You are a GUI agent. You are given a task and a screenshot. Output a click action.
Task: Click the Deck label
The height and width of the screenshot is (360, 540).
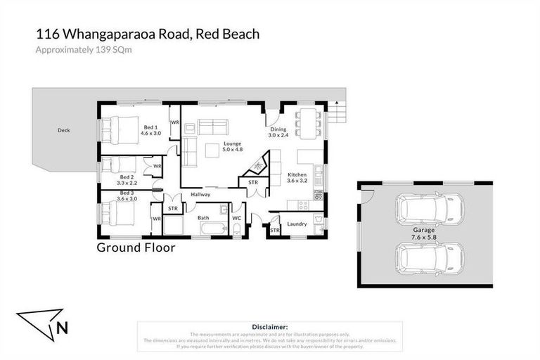pos(65,130)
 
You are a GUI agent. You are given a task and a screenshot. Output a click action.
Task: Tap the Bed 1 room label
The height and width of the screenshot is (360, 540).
pos(150,129)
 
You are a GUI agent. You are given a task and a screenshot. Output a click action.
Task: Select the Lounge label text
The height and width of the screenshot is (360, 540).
pos(233,146)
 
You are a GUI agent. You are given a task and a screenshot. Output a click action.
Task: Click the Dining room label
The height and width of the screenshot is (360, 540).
pos(278,131)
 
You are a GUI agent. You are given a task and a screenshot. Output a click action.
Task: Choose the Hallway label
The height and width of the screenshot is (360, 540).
pos(200,194)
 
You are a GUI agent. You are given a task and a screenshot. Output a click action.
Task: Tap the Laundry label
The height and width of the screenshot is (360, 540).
pos(297,224)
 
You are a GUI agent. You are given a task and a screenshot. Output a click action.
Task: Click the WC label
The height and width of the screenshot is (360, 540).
pos(236,218)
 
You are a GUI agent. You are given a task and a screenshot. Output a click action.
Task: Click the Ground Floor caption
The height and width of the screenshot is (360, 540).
pos(136,247)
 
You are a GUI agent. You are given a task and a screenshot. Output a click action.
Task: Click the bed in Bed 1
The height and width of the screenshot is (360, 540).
pos(117,129)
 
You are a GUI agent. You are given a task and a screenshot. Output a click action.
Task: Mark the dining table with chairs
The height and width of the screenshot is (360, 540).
pos(307,122)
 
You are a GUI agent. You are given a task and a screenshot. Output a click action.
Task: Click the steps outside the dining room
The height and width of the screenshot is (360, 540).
pos(339,111)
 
